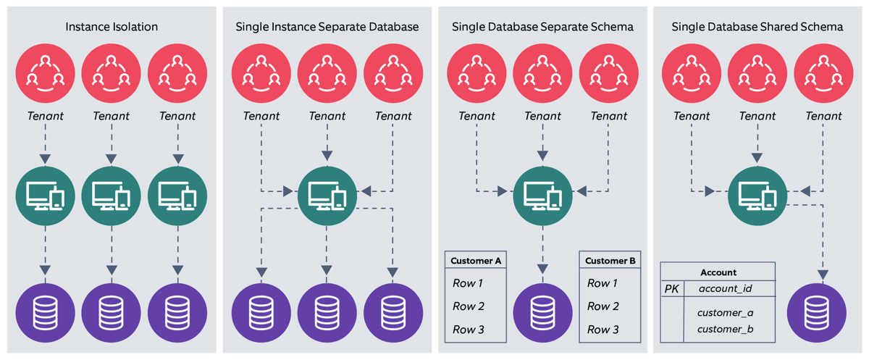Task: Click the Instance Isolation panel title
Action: coord(112,27)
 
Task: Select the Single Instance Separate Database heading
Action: coord(327,27)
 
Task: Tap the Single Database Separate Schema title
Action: coord(542,27)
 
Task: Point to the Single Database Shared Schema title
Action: coord(757,27)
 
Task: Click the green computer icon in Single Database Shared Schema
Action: coord(757,193)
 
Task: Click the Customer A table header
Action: coord(475,261)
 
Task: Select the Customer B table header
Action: coord(610,261)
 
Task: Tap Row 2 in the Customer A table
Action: coord(469,306)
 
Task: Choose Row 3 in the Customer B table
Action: coord(603,330)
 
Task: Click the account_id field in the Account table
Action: coord(726,289)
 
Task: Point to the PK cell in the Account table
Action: coord(671,289)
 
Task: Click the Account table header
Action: coord(718,272)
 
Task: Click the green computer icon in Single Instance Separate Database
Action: coord(327,193)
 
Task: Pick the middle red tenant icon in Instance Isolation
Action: coord(112,74)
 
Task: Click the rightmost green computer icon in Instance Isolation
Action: coord(177,193)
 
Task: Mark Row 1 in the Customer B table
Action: coord(603,283)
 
